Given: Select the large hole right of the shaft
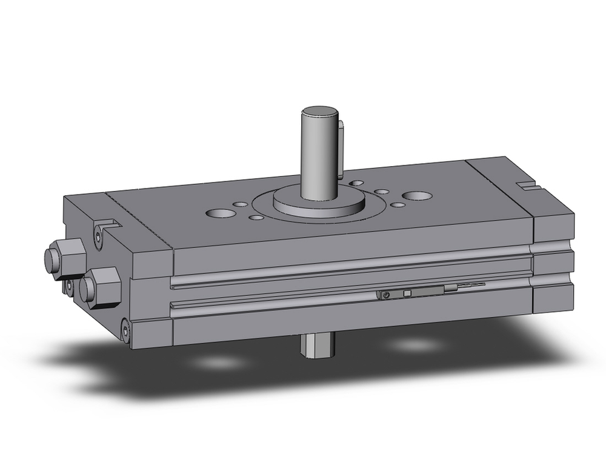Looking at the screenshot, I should pos(418,196).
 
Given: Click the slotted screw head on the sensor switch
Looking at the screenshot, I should pos(385,295).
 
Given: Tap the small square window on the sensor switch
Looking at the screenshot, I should pos(407,293).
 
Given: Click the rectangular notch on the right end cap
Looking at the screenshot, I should pos(525,184).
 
